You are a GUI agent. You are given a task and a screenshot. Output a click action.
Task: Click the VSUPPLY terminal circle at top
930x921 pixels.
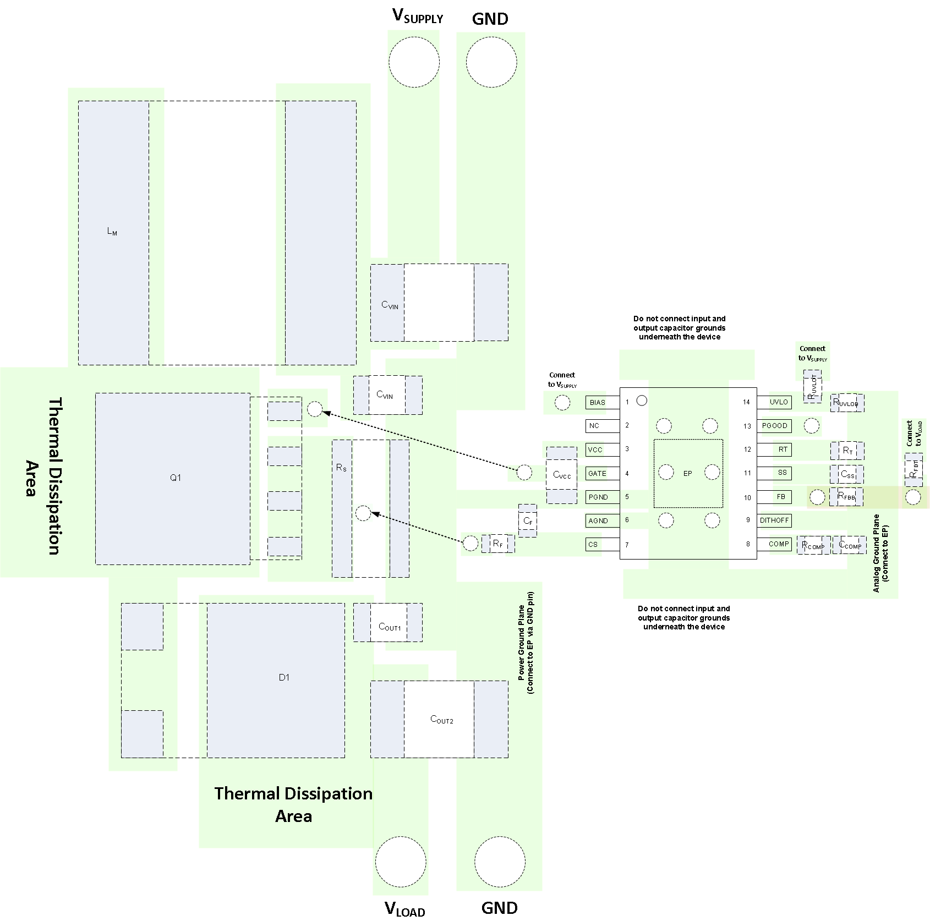[414, 62]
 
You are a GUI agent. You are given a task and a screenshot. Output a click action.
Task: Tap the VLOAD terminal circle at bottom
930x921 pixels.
[401, 862]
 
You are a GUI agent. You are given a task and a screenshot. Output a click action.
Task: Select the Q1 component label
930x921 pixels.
[175, 478]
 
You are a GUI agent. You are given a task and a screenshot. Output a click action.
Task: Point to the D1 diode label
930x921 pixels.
[284, 677]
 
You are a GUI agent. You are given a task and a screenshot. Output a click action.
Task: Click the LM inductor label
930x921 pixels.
[112, 232]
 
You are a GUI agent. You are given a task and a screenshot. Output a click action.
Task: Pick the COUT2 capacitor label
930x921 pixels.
[441, 720]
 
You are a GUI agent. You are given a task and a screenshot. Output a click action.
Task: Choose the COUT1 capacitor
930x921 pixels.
[389, 627]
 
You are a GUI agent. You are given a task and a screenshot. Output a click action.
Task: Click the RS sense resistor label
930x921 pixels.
[341, 468]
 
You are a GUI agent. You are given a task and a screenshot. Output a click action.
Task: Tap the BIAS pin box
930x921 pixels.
[597, 402]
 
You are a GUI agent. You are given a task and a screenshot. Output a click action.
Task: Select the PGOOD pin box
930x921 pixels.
[774, 425]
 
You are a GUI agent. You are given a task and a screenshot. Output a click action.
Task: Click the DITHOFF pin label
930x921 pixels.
[774, 520]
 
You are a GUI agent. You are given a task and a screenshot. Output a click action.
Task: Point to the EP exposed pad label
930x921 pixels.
[687, 473]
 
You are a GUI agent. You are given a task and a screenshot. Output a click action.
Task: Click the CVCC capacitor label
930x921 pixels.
[562, 475]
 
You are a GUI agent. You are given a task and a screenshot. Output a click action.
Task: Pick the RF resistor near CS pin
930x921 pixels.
[497, 544]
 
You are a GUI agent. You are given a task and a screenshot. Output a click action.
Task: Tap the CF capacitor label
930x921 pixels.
[528, 520]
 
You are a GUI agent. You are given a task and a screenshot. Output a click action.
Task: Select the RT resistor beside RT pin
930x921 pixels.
[847, 451]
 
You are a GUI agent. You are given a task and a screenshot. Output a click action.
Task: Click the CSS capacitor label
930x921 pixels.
[847, 474]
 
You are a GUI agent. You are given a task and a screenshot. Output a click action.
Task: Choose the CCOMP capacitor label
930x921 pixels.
[850, 545]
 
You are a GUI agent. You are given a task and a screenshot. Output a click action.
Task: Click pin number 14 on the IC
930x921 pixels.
[746, 402]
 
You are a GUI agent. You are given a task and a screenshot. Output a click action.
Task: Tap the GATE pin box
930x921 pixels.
[597, 473]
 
